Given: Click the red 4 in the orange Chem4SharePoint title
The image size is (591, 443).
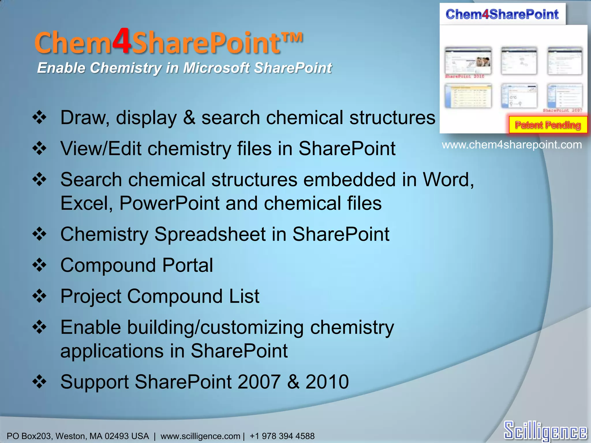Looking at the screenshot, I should click(122, 41).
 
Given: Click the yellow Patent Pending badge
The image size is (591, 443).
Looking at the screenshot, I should click(548, 125).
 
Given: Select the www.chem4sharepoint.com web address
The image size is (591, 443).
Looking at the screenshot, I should click(512, 144).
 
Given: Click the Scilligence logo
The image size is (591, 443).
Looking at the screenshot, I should click(545, 431).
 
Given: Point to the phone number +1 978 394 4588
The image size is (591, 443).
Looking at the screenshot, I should click(282, 436).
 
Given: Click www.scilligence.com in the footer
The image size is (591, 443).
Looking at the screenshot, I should click(200, 436).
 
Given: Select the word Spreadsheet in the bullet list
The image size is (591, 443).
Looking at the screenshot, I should click(210, 234).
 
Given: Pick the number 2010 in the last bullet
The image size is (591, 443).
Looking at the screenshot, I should click(327, 382).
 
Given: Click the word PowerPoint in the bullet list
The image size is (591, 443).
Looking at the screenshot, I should click(169, 203).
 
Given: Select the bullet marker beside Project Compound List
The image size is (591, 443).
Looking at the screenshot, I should click(40, 296).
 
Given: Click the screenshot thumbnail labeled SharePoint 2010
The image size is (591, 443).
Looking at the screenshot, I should click(468, 61).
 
